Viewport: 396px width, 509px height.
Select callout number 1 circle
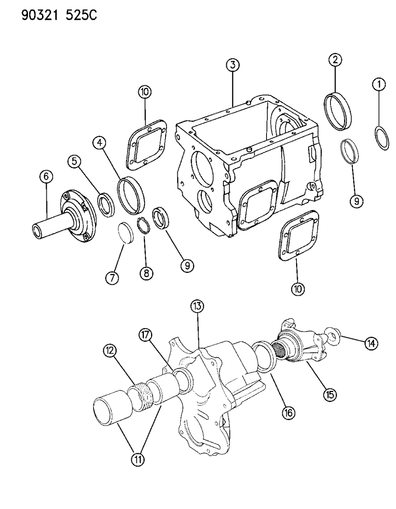point(379,84)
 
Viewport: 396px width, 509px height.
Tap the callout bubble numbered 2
point(335,60)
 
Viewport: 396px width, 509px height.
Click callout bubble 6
point(112,277)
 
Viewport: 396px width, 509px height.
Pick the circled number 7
point(146,273)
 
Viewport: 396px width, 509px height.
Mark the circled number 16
point(288,412)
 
